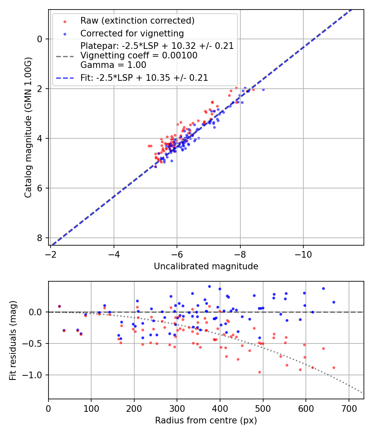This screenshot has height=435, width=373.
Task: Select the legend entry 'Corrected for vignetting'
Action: [x=132, y=33]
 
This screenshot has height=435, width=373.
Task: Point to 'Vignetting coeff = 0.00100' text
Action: [x=139, y=56]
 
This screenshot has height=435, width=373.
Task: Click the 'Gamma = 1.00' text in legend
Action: [x=113, y=65]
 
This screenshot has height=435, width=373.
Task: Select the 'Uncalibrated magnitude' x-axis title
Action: [x=206, y=266]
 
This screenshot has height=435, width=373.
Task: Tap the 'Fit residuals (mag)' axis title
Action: [x=13, y=340]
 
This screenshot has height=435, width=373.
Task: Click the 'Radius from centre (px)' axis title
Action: [x=206, y=420]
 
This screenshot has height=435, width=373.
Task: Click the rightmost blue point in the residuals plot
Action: [x=334, y=302]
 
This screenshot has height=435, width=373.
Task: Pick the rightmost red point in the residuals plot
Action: [x=334, y=367]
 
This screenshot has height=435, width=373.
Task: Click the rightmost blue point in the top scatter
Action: [x=263, y=89]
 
